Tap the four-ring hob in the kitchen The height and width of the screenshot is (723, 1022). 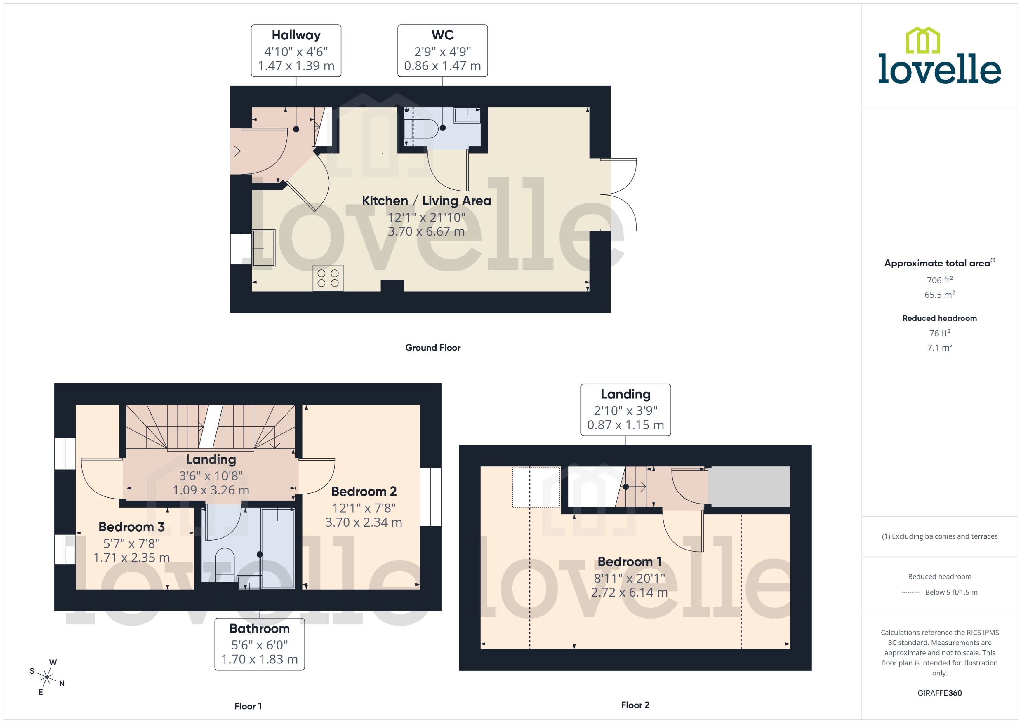click(328, 278)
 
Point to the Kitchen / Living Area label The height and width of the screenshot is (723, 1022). click(426, 201)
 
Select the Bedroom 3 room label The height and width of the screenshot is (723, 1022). click(131, 527)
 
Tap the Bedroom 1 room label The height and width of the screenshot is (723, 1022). click(629, 562)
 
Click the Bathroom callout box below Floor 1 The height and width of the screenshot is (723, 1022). click(259, 644)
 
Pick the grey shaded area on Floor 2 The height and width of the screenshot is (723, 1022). click(749, 486)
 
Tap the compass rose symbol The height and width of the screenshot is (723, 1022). click(46, 677)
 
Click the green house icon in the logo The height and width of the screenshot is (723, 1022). click(923, 41)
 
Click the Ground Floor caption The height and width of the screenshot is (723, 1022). click(432, 348)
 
